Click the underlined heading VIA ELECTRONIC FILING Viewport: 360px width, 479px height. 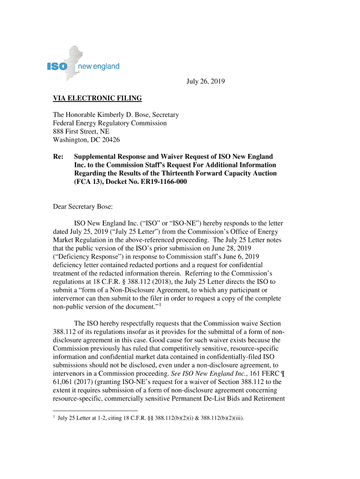pos(97,98)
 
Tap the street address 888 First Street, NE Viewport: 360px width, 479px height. pos(81,131)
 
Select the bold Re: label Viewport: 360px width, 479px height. pos(58,156)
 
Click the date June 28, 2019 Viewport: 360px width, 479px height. pos(231,248)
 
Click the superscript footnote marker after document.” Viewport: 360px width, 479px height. pos(160,305)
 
